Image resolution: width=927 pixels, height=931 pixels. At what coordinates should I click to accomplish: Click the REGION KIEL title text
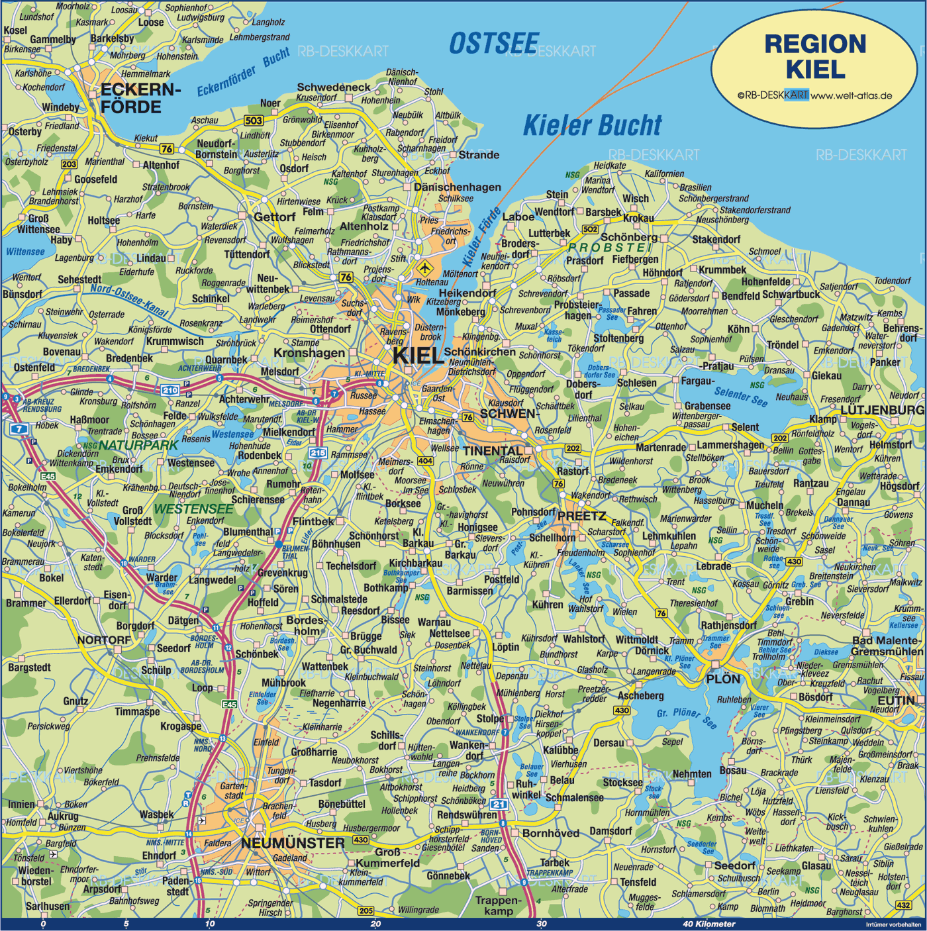click(x=815, y=56)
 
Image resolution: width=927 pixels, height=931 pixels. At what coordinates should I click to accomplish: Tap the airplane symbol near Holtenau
click(x=424, y=268)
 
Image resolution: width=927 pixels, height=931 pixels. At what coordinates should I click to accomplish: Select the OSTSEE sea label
click(x=494, y=44)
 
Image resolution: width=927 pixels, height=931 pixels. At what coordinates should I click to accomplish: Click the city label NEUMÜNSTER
click(x=293, y=843)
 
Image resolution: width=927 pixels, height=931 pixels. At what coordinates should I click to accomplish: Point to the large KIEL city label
click(x=418, y=356)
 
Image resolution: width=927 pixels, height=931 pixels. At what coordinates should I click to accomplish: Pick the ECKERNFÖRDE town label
click(x=140, y=98)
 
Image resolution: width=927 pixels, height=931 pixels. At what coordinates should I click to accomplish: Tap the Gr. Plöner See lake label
click(x=686, y=717)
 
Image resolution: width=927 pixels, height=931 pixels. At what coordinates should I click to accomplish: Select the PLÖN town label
click(x=722, y=679)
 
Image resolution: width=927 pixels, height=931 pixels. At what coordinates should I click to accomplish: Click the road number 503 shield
click(x=254, y=121)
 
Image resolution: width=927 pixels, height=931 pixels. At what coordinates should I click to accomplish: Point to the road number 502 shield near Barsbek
click(x=589, y=229)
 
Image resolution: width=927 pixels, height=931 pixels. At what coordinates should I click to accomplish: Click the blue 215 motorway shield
click(x=318, y=453)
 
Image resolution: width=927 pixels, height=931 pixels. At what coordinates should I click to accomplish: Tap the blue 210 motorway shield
click(x=170, y=390)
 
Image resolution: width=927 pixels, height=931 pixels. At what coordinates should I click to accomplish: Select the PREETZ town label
click(x=581, y=516)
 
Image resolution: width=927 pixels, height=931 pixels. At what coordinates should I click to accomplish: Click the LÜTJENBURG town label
click(x=882, y=410)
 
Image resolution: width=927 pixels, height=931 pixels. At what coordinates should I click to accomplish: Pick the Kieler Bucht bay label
click(x=592, y=125)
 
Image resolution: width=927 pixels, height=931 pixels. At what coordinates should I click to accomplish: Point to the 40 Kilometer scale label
click(x=708, y=924)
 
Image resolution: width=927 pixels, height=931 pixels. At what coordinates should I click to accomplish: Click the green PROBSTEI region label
click(x=610, y=247)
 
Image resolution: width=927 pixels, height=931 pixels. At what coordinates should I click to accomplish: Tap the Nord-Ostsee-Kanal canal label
click(x=129, y=300)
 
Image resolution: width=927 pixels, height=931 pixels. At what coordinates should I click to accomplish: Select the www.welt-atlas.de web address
click(x=852, y=95)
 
